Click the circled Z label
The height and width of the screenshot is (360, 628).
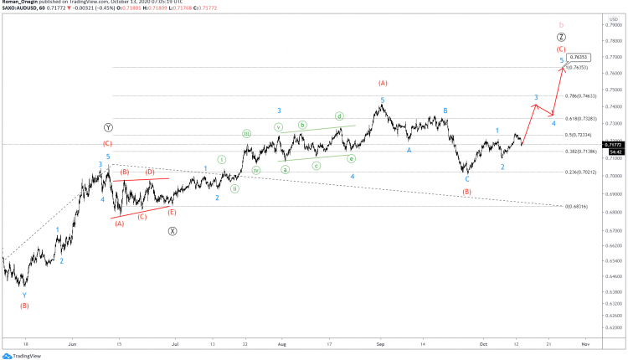[x=561, y=38]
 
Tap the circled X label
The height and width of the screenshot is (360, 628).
[x=172, y=231]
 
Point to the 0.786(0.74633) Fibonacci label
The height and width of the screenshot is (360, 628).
[x=580, y=96]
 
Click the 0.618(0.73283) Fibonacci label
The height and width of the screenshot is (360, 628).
[x=580, y=119]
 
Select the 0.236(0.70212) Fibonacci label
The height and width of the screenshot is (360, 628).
[x=580, y=172]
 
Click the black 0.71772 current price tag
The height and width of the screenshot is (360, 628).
[x=614, y=144]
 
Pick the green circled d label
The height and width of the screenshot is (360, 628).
[x=340, y=116]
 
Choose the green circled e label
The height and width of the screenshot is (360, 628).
[x=352, y=158]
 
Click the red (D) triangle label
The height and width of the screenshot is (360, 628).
[x=151, y=172]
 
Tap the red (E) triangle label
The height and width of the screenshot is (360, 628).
[x=172, y=213]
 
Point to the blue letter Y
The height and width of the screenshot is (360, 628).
[x=24, y=295]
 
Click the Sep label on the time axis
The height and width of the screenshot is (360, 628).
[x=379, y=344]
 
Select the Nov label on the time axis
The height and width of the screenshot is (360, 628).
[x=584, y=344]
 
